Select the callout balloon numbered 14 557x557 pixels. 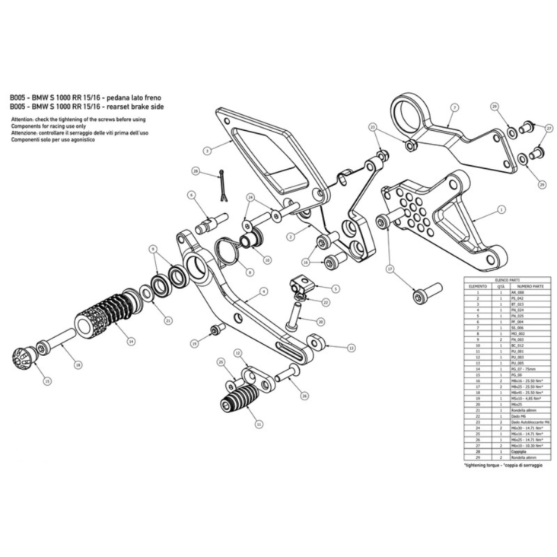pyautogui.click(x=132, y=341)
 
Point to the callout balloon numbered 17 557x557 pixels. pyautogui.click(x=390, y=269)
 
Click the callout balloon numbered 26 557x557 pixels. pyautogui.click(x=304, y=396)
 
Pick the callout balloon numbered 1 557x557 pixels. pyautogui.click(x=501, y=208)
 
